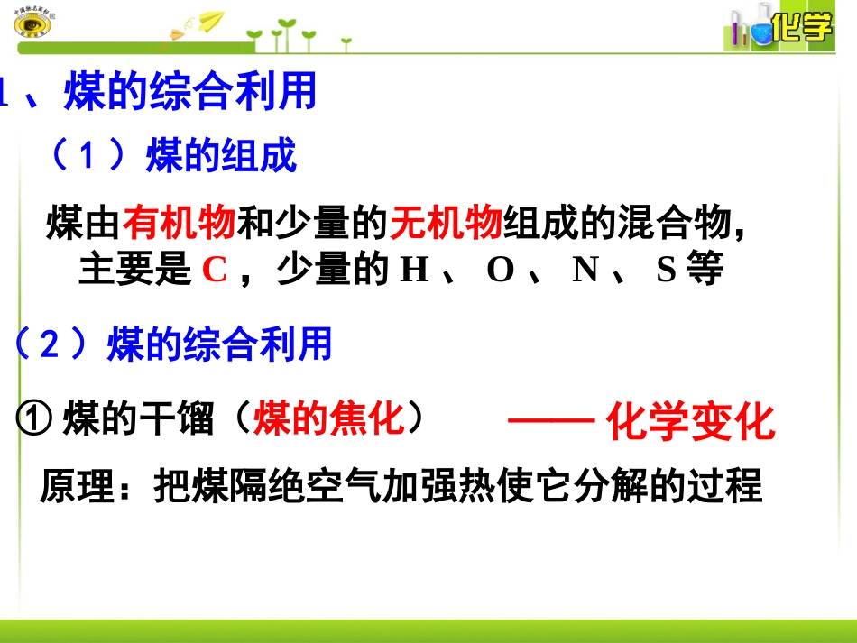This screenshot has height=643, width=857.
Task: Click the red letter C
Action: [214, 270]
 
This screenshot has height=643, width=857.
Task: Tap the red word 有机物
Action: [180, 223]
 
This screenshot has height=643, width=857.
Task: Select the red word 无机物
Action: [446, 223]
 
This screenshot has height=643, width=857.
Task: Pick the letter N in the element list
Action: [585, 270]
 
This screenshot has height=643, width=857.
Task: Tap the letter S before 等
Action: [666, 270]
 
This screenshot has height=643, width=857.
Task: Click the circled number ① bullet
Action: [34, 419]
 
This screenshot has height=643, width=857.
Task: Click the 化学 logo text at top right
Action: [802, 29]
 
